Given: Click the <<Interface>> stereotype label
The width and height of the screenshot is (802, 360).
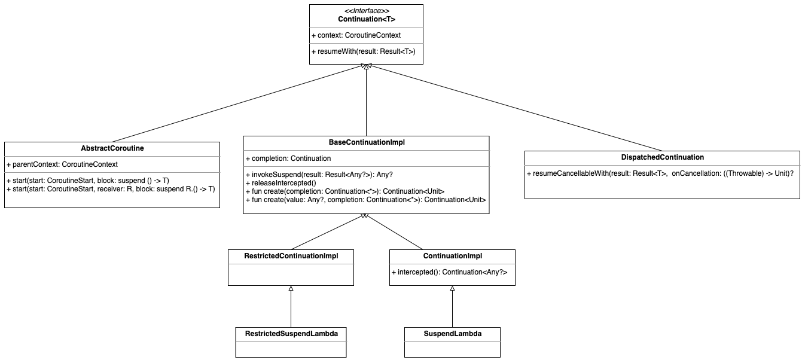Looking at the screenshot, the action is pos(367,11).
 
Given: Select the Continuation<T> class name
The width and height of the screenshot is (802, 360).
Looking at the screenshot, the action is pos(367,19).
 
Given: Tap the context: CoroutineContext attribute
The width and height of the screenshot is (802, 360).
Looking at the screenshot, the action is pos(356,35).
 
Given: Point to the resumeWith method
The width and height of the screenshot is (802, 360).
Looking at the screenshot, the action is pos(364,51).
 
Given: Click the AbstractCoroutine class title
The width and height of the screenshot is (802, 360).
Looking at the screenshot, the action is pos(112,148).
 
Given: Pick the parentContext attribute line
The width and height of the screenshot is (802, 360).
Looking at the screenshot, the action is pos(62,164).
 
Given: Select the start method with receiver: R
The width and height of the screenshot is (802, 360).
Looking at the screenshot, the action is pos(111,189).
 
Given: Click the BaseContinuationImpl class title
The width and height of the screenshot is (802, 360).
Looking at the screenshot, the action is pos(367,142).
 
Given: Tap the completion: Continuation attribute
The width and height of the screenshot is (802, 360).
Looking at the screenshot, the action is pos(288,158).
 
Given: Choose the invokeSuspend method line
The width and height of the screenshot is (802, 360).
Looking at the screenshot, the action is pos(319,175).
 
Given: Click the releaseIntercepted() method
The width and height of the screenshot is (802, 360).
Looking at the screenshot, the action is pos(280,183).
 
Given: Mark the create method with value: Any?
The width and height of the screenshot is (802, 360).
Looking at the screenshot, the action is pos(365,200).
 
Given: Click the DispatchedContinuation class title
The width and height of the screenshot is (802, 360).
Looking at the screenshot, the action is pos(663,157).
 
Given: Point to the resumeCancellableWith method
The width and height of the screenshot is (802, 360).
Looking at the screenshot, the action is pos(660,173).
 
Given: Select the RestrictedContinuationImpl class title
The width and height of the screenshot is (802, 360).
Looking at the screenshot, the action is pos(291,256).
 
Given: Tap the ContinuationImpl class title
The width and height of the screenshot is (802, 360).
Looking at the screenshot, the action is pos(453,256).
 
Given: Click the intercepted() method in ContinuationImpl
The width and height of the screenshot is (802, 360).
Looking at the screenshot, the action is pos(449,272).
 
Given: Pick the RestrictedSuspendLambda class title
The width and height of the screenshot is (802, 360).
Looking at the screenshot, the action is pos(291,334).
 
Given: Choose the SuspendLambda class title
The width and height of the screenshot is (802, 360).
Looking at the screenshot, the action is pos(453,334).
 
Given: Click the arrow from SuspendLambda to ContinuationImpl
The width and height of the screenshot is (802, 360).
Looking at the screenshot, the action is pos(452,307).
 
